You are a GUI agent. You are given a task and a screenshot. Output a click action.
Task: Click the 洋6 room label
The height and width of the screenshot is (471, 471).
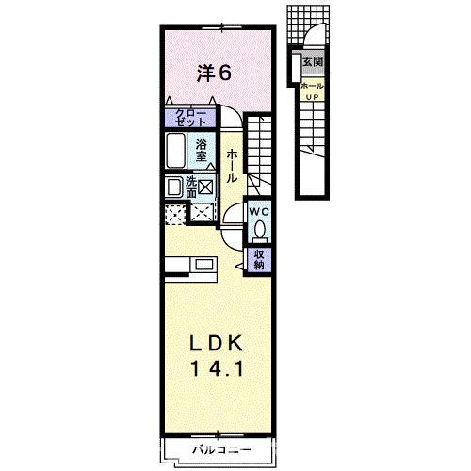click(x=214, y=71)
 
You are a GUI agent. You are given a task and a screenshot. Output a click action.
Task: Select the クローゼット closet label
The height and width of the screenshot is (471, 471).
click(x=191, y=118)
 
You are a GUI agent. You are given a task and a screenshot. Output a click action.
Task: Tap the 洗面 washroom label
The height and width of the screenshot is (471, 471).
click(x=191, y=186)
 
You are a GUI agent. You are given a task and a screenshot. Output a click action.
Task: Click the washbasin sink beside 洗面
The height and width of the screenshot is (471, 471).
click(x=174, y=187)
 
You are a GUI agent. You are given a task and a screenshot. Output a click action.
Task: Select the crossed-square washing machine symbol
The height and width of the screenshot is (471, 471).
click(x=204, y=187)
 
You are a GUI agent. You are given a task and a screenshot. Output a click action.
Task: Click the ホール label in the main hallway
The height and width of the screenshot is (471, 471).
click(x=232, y=165)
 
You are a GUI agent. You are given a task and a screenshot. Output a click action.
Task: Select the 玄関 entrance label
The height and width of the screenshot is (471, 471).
click(x=312, y=62)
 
